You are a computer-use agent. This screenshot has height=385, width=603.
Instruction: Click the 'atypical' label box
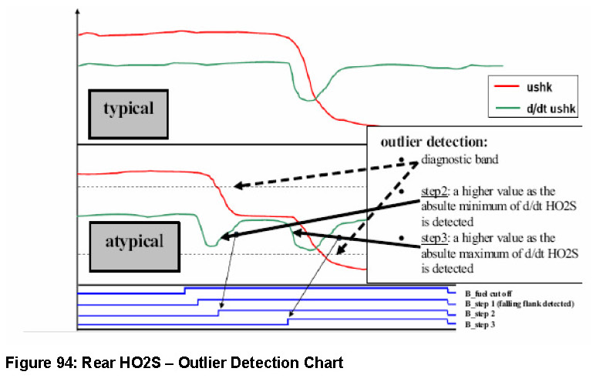coord(135,241)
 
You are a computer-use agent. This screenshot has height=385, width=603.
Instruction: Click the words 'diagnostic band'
coord(458,161)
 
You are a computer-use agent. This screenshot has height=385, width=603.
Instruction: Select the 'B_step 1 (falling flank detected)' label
coord(520,305)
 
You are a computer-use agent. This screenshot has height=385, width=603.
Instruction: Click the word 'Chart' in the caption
coord(323,362)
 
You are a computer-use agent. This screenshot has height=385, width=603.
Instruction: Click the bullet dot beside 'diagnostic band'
coord(402,160)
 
